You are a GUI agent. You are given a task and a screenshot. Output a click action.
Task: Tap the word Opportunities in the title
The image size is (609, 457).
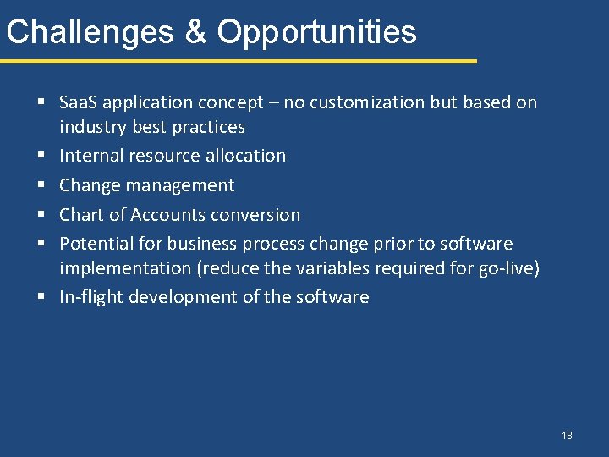pos(317,32)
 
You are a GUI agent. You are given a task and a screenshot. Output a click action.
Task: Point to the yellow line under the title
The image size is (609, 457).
pos(238,61)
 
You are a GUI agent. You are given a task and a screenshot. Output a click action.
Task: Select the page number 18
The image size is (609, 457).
pos(566,436)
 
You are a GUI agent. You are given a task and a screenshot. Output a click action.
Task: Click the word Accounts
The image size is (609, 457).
pos(167,215)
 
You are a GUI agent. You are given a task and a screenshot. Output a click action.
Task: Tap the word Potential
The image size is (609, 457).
pos(94,244)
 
